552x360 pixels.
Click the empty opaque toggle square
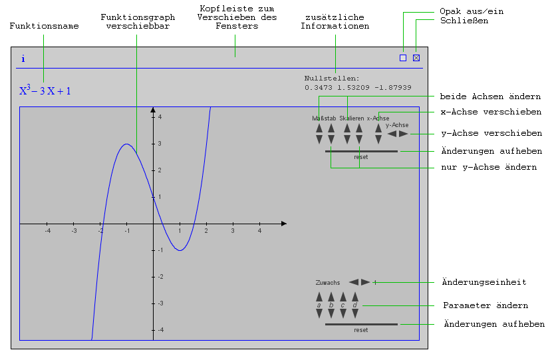point(403,58)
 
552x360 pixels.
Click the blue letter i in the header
point(23,59)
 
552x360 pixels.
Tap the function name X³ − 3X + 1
point(45,90)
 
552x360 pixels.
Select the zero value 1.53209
point(358,87)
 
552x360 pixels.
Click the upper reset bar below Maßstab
point(361,152)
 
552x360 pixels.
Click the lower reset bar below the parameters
point(361,324)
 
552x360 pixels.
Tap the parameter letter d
point(354,305)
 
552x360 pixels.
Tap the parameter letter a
point(319,305)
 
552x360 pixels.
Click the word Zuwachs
point(328,283)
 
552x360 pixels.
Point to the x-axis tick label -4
point(47,231)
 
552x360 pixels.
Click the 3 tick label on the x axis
point(233,231)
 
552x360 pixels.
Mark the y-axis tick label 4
point(160,117)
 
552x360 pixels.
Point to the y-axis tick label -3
point(159,303)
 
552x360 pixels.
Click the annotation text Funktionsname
point(44,26)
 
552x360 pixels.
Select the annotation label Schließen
point(464,21)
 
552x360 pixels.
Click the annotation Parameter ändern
point(485,305)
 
